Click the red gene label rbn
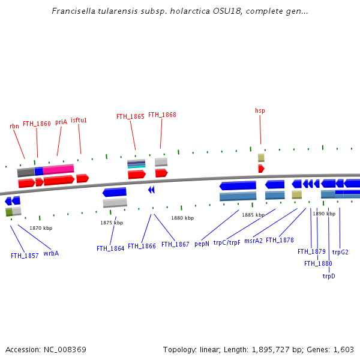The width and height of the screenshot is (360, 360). [x=14, y=126]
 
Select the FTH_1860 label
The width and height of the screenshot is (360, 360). [x=37, y=124]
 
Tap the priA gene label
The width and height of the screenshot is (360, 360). [x=61, y=122]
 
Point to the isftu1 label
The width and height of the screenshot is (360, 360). [x=79, y=120]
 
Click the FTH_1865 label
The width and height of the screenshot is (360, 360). [x=130, y=117]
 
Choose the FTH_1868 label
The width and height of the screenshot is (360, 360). [x=162, y=115]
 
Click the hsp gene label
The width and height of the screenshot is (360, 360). [x=260, y=110]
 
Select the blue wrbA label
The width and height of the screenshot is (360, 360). [x=51, y=253]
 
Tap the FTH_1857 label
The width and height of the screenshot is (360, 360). [x=25, y=256]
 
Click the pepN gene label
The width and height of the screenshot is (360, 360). [x=202, y=244]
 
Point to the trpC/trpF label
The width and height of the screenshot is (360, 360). [x=227, y=242]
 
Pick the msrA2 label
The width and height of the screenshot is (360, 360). [x=253, y=241]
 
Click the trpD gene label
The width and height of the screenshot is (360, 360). [x=329, y=276]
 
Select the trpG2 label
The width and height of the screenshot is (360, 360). [x=340, y=252]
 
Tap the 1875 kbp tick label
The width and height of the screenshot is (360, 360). [x=112, y=223]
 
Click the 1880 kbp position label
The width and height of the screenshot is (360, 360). [x=182, y=218]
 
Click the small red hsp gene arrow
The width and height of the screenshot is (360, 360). [x=261, y=169]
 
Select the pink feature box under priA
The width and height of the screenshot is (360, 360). [x=58, y=169]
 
